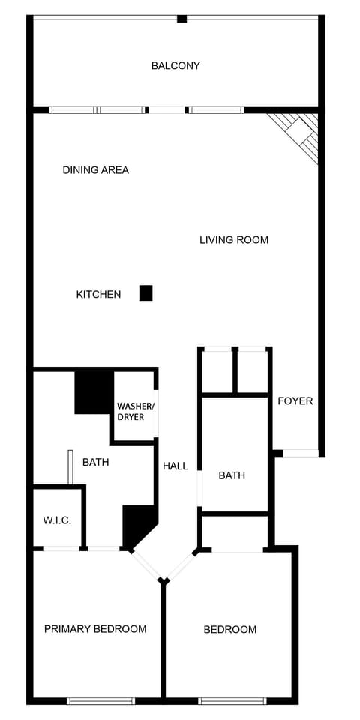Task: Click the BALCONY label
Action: pyautogui.click(x=175, y=65)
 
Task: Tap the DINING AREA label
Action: pyautogui.click(x=95, y=170)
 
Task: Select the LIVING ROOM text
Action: pyautogui.click(x=234, y=240)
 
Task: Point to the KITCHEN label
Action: pyautogui.click(x=98, y=295)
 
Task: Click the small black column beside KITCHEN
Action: pyautogui.click(x=146, y=293)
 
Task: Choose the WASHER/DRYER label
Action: pyautogui.click(x=135, y=412)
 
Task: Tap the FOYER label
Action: pyautogui.click(x=295, y=400)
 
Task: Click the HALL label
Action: pyautogui.click(x=175, y=466)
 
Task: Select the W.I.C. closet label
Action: pyautogui.click(x=57, y=520)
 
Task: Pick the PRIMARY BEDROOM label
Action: pyautogui.click(x=95, y=628)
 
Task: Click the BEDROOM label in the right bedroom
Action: pyautogui.click(x=230, y=629)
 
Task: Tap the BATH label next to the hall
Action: pyautogui.click(x=232, y=475)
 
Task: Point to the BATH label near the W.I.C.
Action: pyautogui.click(x=95, y=462)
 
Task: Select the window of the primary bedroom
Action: pyautogui.click(x=100, y=700)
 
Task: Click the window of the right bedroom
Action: pyautogui.click(x=232, y=700)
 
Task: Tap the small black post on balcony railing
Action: pyautogui.click(x=181, y=18)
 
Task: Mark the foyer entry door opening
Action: pyautogui.click(x=300, y=453)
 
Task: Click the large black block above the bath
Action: pyautogui.click(x=94, y=391)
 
